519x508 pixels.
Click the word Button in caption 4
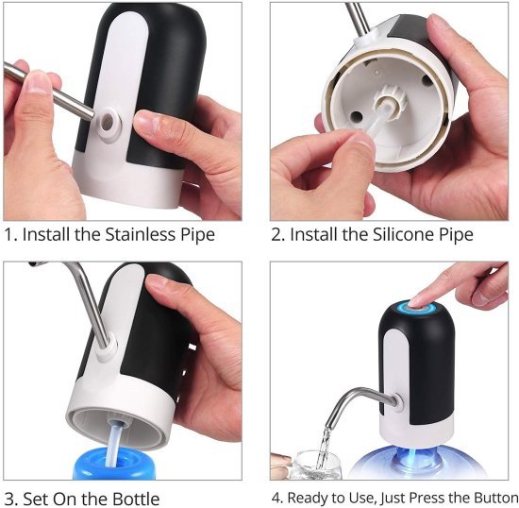point(490,498)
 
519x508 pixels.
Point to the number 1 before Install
point(8,234)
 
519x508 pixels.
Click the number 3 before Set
point(8,499)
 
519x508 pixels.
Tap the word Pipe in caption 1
point(194,234)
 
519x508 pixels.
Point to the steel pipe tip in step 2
point(355,14)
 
